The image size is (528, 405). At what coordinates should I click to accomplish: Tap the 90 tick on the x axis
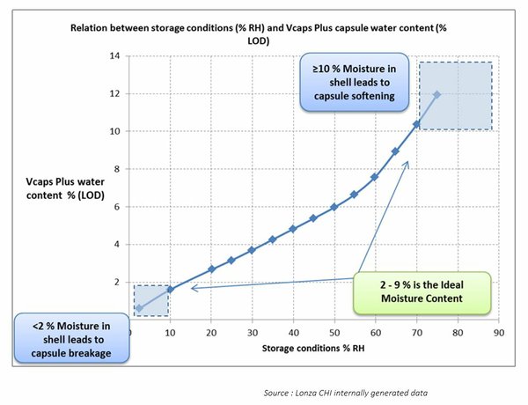tap(497, 334)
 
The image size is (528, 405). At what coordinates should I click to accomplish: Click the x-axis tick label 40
tap(293, 334)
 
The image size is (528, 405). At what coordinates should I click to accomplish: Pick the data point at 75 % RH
tap(436, 94)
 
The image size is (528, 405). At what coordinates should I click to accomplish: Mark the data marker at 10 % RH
tap(170, 289)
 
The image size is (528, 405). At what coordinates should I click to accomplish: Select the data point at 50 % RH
tap(334, 207)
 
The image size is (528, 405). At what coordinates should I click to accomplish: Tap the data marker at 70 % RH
tap(415, 124)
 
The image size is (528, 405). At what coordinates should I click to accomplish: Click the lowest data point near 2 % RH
tap(139, 308)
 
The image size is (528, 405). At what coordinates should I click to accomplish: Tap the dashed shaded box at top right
tap(455, 96)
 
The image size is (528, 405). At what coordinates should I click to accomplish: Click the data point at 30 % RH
tap(252, 250)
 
